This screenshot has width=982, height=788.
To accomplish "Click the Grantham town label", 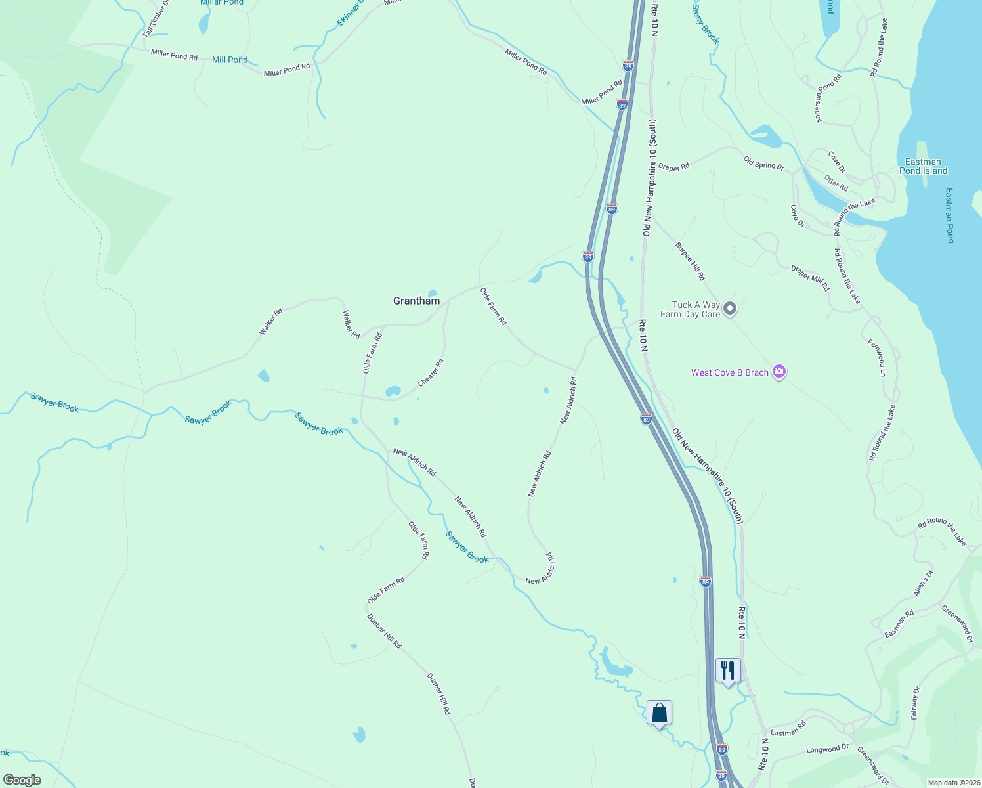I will tap(416, 301).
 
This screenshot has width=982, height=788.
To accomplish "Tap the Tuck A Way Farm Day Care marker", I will tap(729, 309).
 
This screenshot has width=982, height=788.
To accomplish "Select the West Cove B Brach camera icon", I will tap(779, 372).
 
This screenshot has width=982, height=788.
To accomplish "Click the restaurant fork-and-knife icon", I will tap(728, 671).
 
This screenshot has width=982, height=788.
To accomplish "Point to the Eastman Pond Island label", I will tap(923, 166).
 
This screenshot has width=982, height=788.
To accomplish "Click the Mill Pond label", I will tap(230, 60).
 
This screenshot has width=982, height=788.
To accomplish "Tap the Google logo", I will tap(22, 779).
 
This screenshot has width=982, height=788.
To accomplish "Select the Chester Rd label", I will tap(431, 372).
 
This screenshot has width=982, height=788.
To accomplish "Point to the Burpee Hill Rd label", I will tap(690, 261).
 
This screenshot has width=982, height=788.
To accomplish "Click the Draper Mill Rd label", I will tap(810, 278).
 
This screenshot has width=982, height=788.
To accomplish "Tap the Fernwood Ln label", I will tap(876, 358).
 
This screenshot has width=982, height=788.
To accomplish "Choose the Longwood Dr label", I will tap(827, 749).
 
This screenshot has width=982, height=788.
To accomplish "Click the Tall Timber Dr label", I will tap(156, 18).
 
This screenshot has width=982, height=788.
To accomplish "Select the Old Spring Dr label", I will tap(763, 163).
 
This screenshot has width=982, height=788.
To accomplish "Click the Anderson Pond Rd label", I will tap(828, 98).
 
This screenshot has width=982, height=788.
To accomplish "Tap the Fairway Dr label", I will tap(916, 703).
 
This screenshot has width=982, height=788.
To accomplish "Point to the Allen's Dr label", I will tap(923, 583).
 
